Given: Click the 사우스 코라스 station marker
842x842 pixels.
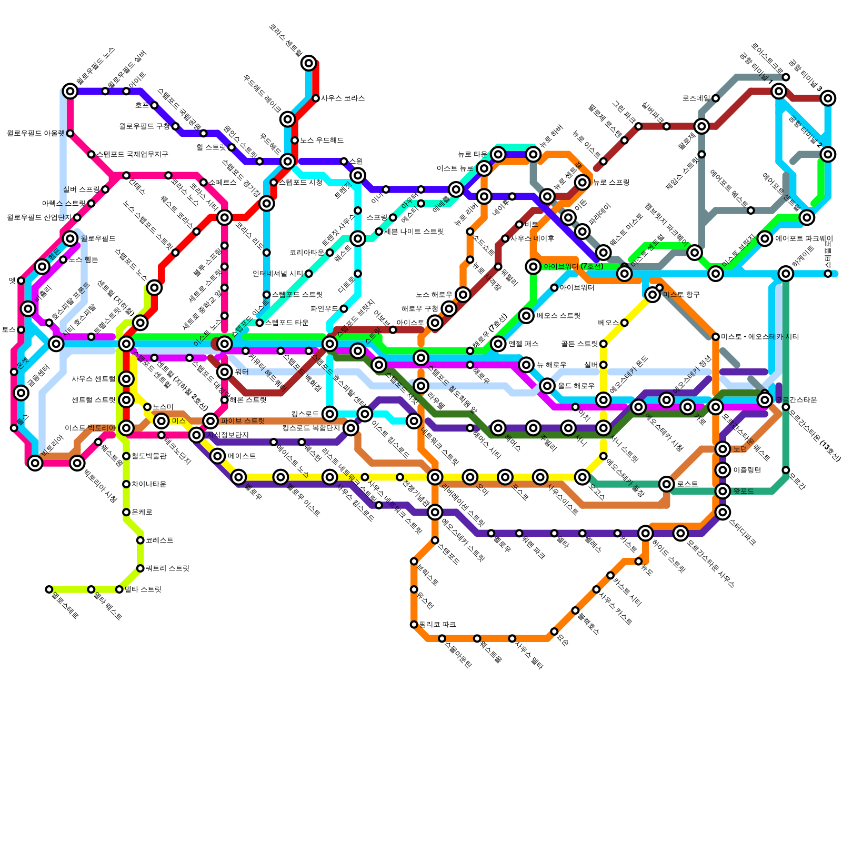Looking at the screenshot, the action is coord(316,98).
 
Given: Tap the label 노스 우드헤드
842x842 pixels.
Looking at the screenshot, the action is coord(322,141).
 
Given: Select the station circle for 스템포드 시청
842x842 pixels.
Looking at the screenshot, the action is coord(274,183).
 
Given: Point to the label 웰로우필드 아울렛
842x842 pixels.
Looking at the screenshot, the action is coord(35,134).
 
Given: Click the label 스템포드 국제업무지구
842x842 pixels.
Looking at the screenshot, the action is coord(132,155).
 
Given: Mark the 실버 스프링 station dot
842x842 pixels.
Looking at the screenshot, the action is coord(105,189).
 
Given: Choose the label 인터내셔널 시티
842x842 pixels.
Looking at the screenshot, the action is coord(277,274).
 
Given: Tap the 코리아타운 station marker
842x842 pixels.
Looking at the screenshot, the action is coord(330,253).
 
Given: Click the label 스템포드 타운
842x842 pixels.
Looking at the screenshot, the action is coord(286,323).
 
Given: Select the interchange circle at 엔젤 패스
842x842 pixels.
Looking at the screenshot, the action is coord(498,344).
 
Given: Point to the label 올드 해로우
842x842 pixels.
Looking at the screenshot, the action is coord(576,386).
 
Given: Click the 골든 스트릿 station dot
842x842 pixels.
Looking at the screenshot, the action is coord(604,344).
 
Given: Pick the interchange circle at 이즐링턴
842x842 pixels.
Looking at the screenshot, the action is coord(723,470).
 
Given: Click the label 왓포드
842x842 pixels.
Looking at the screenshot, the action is coord(743,491).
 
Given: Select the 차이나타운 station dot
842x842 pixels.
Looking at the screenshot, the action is coord(126,484).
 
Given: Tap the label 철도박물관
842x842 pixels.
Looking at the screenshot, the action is coord(148,456).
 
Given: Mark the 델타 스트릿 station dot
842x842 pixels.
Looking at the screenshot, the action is coord(119,589).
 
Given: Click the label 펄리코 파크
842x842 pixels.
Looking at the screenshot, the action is coord(437,625).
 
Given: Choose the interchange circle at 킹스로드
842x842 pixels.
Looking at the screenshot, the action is coord(330,414).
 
